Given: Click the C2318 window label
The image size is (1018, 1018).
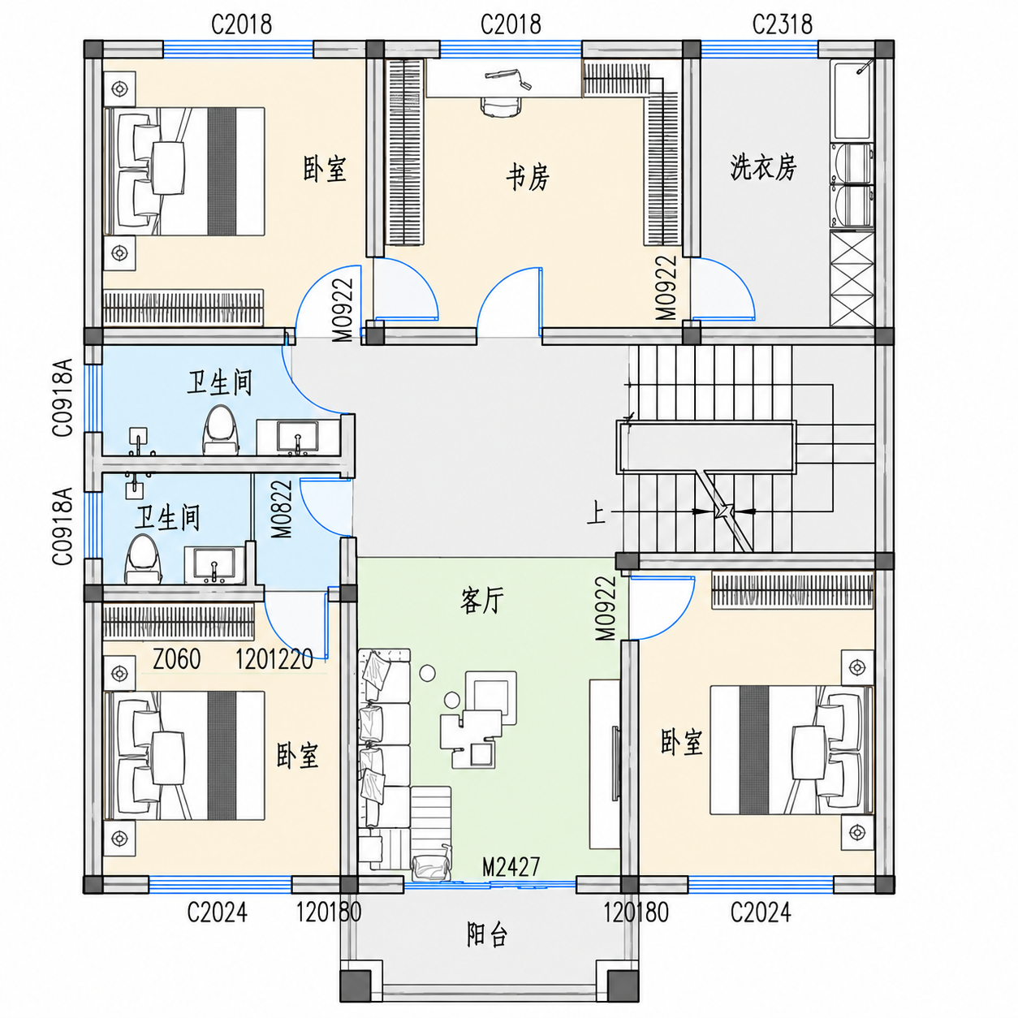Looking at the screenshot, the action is click(782, 24).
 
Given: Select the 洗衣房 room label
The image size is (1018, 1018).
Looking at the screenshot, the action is click(763, 167).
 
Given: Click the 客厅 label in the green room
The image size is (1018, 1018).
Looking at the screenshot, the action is click(481, 601).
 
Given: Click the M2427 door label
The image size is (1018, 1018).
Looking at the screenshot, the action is click(511, 866).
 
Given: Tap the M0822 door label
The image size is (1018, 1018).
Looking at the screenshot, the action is click(283, 509).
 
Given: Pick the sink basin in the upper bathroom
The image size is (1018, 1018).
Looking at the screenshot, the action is click(297, 437).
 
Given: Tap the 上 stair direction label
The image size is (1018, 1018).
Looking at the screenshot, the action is click(596, 513).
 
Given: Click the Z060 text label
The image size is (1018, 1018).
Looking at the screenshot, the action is click(176, 658).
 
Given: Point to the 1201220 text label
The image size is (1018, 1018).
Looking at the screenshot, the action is click(274, 659).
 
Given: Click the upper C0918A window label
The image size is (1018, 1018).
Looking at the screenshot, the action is click(63, 397).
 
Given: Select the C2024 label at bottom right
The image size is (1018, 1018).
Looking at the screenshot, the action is click(760, 912).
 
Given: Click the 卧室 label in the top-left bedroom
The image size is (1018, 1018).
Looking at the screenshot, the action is click(325, 169).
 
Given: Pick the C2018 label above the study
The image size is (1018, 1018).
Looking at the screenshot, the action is click(511, 24).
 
